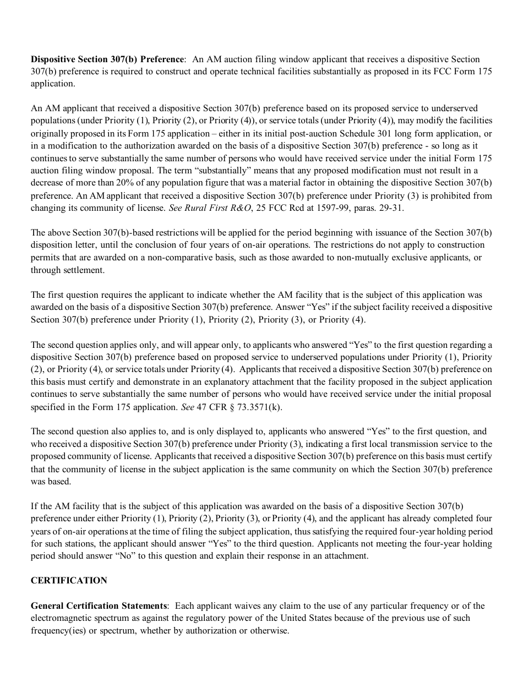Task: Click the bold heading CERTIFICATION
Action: pos(69,581)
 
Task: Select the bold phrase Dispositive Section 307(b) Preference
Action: pos(107,59)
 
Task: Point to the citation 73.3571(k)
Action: pos(258,407)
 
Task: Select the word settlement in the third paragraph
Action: pos(84,270)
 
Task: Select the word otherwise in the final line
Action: pos(269,631)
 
